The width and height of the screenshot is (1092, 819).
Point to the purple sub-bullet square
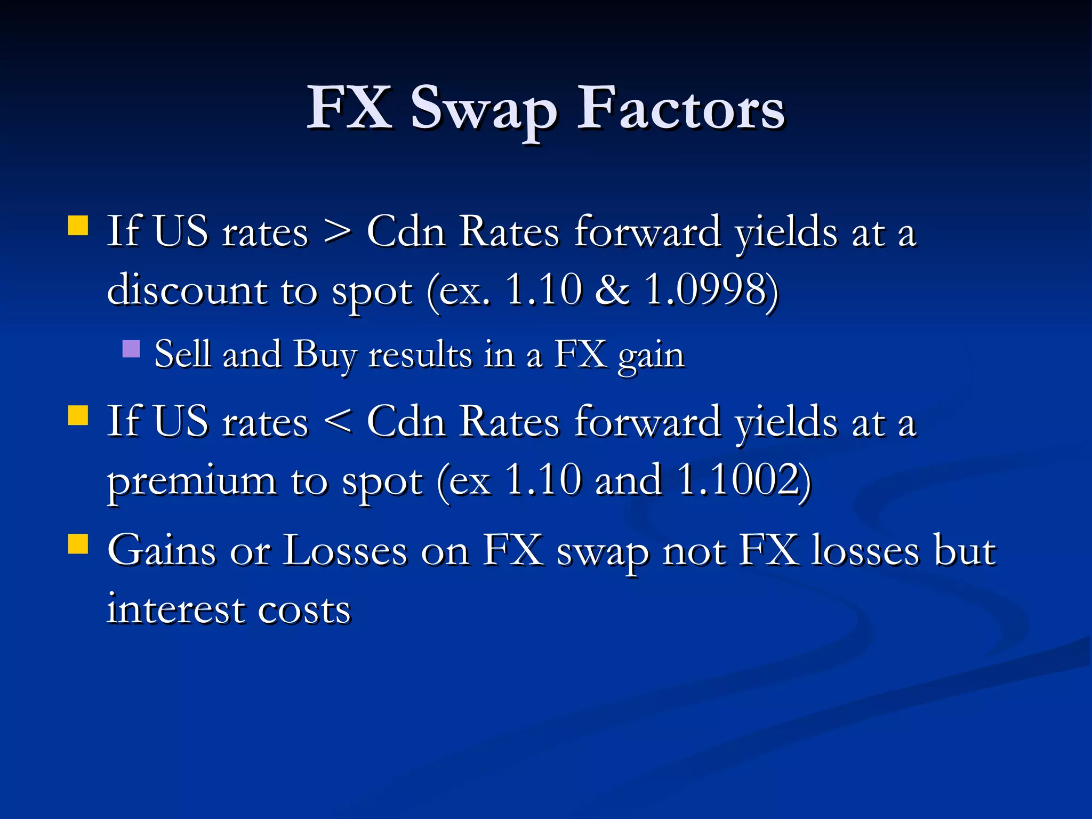pos(131,349)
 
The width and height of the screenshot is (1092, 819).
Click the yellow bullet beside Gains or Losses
pos(78,544)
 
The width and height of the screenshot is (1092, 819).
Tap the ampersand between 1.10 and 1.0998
pos(612,291)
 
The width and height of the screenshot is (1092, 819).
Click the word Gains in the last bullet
pos(162,551)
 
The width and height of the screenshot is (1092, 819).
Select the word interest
pos(175,609)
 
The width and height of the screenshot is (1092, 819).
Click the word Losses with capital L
pos(344,551)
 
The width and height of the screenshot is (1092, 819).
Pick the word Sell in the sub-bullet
pos(182,355)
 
